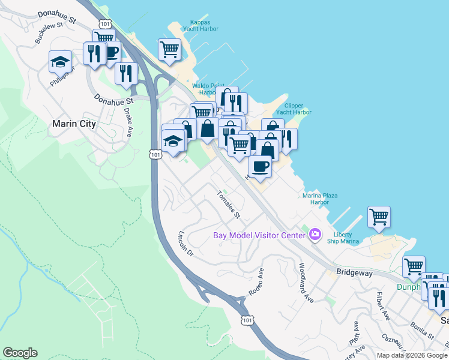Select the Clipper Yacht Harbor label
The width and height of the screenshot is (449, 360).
pos(294,109)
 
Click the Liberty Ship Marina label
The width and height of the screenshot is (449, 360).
pos(347,238)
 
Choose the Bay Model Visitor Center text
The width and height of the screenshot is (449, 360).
pos(259,235)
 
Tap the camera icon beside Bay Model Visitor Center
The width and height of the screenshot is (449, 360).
pos(315,234)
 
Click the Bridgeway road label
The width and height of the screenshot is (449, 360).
pos(354,272)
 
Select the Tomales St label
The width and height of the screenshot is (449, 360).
pos(228,205)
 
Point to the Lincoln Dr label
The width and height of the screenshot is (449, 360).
pos(187,244)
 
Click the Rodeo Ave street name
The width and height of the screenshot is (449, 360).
pos(256,281)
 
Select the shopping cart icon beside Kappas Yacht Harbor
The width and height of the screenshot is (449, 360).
pos(170,49)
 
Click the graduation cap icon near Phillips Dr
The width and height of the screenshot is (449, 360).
pos(60,61)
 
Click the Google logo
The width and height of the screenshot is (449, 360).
pos(20,353)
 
